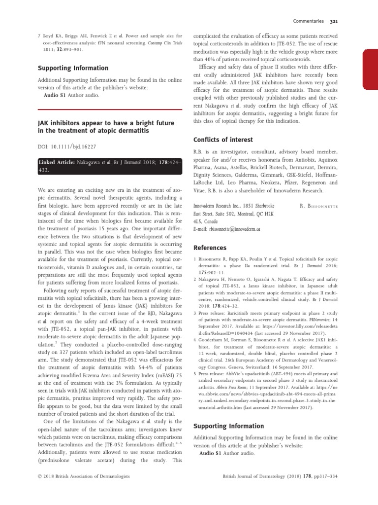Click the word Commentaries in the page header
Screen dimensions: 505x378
(x=308, y=22)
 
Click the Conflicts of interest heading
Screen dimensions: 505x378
(x=223, y=140)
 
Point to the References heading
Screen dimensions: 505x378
(x=210, y=248)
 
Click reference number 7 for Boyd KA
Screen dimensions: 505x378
(x=39, y=36)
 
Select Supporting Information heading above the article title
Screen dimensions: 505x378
(x=73, y=68)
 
